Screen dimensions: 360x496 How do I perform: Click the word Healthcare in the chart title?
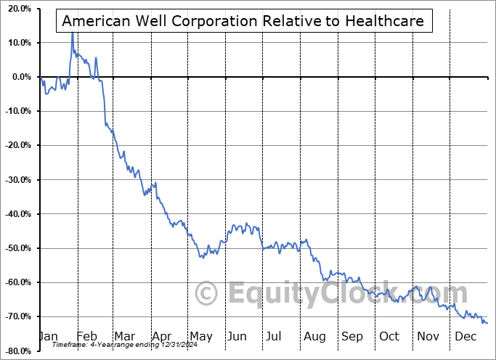pos(386,21)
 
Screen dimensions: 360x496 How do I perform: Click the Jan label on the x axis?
pos(48,336)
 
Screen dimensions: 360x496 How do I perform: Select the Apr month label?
pos(161,336)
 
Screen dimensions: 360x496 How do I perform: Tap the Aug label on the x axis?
pos(315,336)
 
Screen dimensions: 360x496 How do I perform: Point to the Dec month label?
pos(465,336)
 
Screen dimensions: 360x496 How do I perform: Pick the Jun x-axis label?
pos(237,336)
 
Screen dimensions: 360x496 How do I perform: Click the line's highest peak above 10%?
pos(72,32)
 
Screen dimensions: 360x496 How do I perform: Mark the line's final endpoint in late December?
pos(487,323)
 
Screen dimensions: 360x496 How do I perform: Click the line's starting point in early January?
pos(41,78)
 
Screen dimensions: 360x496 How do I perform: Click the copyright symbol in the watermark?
pos(207,293)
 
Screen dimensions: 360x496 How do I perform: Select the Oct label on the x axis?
pos(389,336)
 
